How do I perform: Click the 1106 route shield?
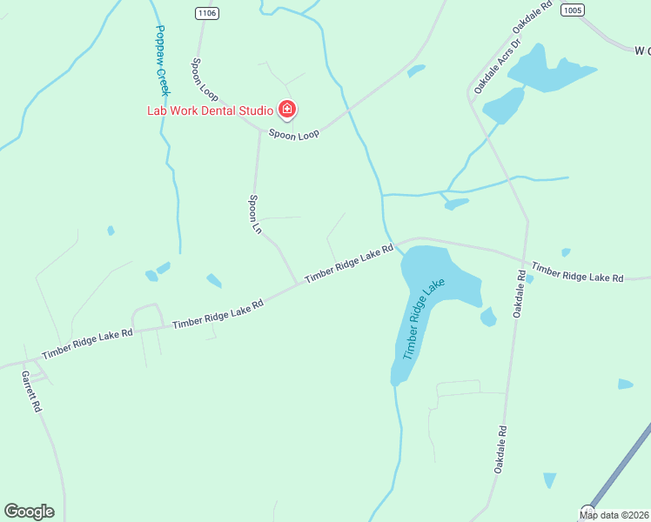point(207,13)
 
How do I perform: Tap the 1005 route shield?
point(572,10)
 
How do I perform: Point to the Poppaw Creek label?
point(161,60)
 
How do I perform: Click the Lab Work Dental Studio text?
point(208,110)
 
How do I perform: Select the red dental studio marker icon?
point(287,110)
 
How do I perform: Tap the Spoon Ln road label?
point(255,214)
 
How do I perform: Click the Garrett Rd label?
point(31,391)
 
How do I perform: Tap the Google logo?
point(29,512)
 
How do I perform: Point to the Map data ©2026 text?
point(614,514)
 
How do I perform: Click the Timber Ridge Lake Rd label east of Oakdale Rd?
point(578,272)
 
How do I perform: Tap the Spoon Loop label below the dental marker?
point(293,134)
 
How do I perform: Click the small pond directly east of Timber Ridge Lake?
point(488,317)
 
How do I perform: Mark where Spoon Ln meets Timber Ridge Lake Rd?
point(297,284)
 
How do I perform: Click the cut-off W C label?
point(641,50)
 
